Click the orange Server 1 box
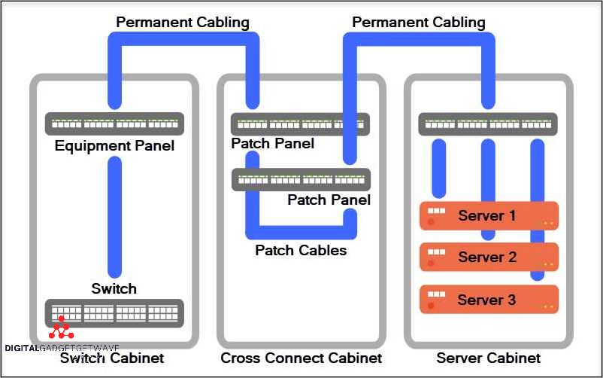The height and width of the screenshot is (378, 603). (x=489, y=216)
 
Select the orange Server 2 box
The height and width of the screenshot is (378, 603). (x=489, y=257)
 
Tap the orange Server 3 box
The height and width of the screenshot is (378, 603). (x=489, y=299)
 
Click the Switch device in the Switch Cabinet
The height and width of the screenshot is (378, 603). (x=114, y=312)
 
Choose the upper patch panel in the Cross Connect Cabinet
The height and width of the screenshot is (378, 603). (x=300, y=124)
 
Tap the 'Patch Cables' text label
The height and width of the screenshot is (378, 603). (x=301, y=250)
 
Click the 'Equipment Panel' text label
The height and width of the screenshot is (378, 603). (x=114, y=145)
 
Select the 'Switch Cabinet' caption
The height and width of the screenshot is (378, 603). (x=113, y=358)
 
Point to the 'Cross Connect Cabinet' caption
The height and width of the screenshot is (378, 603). (x=301, y=358)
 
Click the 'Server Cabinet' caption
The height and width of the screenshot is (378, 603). (x=488, y=358)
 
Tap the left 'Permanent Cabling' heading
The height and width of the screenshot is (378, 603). (x=182, y=22)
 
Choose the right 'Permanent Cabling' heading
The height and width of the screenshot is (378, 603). (x=419, y=22)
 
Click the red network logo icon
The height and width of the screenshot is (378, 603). (x=61, y=328)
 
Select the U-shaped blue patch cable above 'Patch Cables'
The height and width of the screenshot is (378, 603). (x=301, y=225)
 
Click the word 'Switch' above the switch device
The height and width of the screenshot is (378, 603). (x=114, y=288)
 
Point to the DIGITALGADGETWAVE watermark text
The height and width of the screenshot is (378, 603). (x=62, y=348)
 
